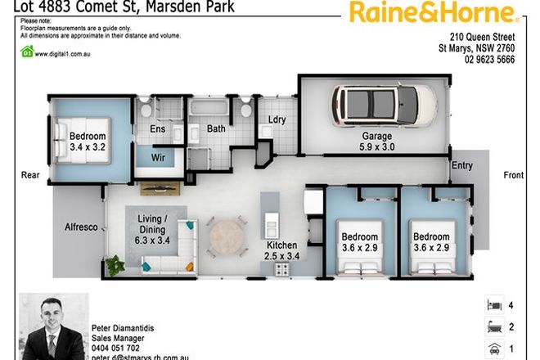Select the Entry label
(462, 166)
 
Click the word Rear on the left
(30, 174)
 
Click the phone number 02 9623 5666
(489, 60)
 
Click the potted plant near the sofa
(114, 263)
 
